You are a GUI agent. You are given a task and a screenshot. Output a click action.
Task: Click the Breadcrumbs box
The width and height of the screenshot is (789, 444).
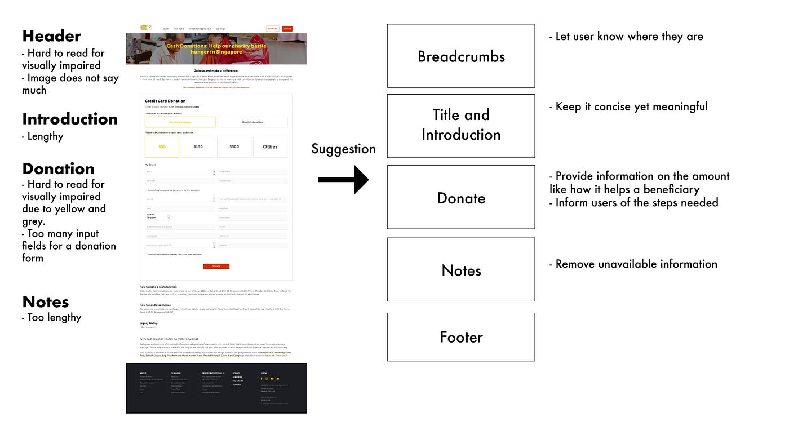click(460, 56)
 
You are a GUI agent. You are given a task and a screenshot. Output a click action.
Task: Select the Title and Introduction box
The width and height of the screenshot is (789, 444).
click(460, 126)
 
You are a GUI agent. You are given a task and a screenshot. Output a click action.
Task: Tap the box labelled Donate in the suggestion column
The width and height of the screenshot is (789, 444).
click(460, 197)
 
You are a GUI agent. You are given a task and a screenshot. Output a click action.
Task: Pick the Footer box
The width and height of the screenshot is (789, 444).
click(460, 337)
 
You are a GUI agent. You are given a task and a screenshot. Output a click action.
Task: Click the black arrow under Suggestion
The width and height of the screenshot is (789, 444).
click(343, 180)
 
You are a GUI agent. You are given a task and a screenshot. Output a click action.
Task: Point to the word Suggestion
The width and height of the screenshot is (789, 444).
click(343, 149)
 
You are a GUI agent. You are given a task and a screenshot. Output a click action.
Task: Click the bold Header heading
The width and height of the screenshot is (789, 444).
click(51, 36)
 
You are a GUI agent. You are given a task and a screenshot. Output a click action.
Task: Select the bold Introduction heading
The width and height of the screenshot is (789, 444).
click(70, 119)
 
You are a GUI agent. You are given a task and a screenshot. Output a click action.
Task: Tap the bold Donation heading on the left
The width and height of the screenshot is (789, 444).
click(58, 168)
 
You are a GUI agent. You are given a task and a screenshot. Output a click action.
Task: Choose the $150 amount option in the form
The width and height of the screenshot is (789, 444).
click(198, 146)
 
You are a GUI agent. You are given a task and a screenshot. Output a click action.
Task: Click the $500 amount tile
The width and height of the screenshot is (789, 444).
click(234, 146)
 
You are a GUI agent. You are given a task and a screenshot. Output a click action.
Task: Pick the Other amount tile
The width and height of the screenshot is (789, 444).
click(270, 146)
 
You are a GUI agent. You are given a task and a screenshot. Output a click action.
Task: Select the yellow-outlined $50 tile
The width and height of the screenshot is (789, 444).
click(162, 146)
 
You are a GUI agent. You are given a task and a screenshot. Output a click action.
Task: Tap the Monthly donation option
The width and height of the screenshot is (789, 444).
click(252, 122)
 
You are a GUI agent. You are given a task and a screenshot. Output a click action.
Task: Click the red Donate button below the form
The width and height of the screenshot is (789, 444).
click(216, 266)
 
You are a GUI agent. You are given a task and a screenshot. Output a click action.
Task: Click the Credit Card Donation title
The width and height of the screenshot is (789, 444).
click(165, 101)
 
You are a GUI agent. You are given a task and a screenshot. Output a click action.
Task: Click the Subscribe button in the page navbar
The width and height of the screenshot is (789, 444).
click(272, 29)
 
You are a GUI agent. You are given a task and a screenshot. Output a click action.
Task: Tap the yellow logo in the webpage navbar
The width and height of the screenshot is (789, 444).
click(146, 28)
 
